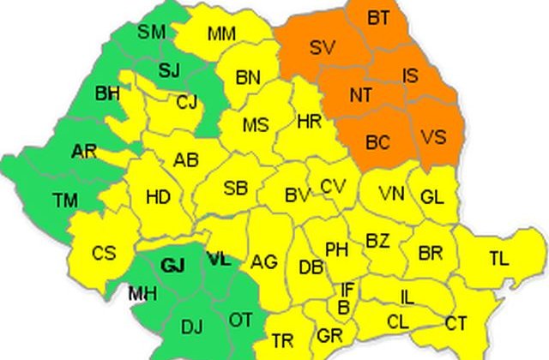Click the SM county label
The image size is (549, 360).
(152, 33)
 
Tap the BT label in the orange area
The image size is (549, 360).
(378, 16)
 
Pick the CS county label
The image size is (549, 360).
(104, 254)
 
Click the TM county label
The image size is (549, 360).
(64, 201)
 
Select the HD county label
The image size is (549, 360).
(158, 197)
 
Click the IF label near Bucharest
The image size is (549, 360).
(347, 289)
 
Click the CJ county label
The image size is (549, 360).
(187, 103)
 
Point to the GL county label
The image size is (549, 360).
(432, 196)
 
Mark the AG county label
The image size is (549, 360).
(264, 262)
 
